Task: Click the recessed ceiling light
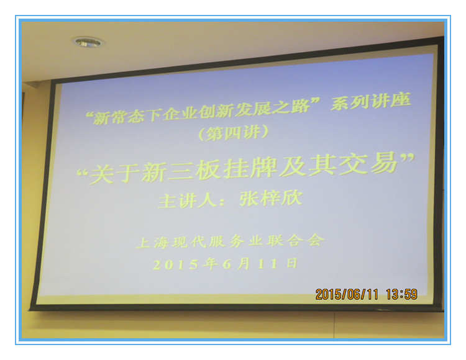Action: coord(88,42)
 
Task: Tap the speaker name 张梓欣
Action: coord(271,198)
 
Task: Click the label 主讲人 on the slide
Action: coord(187,201)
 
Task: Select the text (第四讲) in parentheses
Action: coord(234,133)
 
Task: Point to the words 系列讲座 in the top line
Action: coord(371,101)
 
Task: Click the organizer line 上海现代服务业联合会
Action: coord(230,241)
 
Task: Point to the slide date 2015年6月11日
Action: coord(225,264)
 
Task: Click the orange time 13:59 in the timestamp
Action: coord(401,294)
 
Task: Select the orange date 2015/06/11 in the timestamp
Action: coord(347,294)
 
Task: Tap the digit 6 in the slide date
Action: coord(227,264)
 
